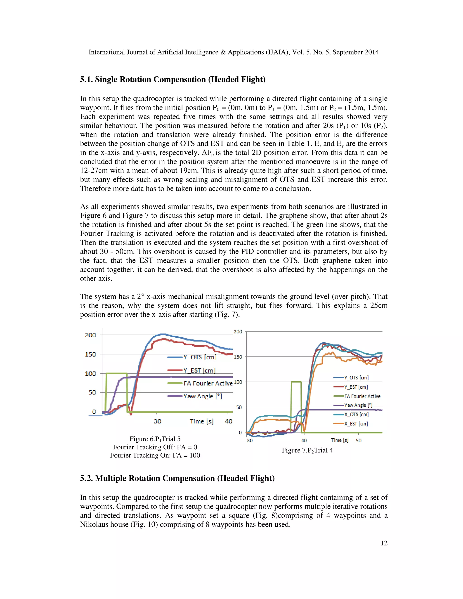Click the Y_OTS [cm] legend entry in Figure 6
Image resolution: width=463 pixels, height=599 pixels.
tap(200, 357)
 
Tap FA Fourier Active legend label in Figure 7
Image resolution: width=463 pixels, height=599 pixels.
tap(362, 396)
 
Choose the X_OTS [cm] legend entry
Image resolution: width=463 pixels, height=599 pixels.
tap(356, 414)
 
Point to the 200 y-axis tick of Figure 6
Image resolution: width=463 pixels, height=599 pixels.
tap(90, 335)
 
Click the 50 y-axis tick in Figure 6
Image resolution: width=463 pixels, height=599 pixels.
tap(92, 392)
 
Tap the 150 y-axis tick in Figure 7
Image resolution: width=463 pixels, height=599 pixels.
tap(238, 357)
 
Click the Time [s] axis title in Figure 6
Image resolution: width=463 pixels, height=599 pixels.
tap(202, 421)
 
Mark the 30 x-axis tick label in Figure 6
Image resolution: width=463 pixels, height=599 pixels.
tap(157, 421)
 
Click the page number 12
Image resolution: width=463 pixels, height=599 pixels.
tap(384, 543)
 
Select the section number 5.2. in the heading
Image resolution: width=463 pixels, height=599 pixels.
tap(86, 478)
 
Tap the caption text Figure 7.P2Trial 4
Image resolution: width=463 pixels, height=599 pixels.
tap(307, 450)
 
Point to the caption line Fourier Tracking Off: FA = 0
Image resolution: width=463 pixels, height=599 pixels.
tap(155, 447)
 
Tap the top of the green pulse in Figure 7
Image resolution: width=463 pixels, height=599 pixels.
tap(296, 382)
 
